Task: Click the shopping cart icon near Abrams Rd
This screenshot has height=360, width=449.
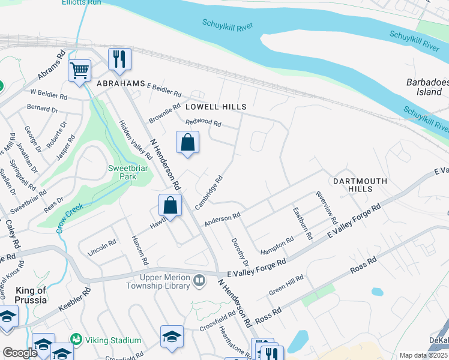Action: [x=79, y=71]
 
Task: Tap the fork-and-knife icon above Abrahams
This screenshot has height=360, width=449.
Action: [x=119, y=59]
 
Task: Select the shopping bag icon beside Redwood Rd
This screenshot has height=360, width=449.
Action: [x=188, y=143]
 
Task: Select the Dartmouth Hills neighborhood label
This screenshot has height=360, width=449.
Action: [x=351, y=184]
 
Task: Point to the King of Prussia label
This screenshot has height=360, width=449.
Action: [x=24, y=295]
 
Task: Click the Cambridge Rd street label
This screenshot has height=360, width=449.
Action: [x=209, y=191]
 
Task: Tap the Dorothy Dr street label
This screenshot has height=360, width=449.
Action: [x=239, y=252]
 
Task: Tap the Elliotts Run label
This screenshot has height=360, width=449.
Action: [x=81, y=2]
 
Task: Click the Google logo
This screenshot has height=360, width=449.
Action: [x=20, y=353]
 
